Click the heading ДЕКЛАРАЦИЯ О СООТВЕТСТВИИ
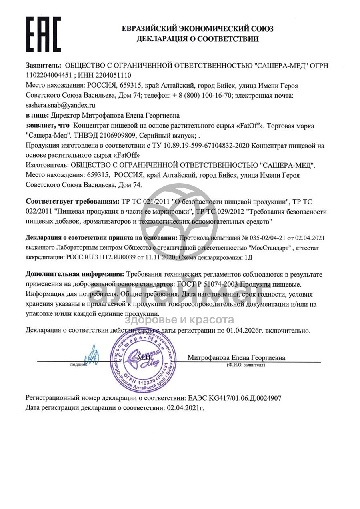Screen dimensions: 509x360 (x=197, y=39)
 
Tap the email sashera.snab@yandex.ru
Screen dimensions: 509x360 (x=60, y=105)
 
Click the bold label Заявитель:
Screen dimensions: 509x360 (x=44, y=65)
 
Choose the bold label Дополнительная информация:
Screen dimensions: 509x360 (x=74, y=275)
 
